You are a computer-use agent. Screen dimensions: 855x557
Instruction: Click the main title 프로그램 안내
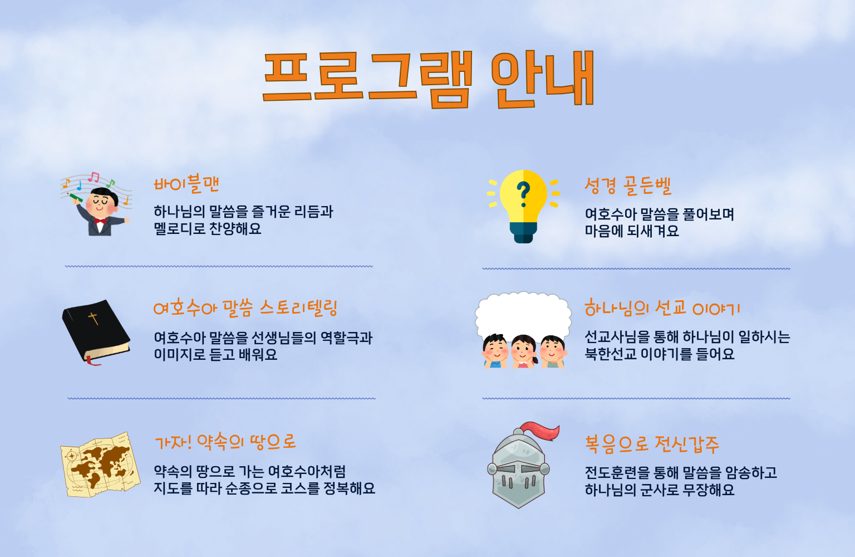(x=428, y=79)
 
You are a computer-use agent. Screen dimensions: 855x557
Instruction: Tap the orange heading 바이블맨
(x=186, y=184)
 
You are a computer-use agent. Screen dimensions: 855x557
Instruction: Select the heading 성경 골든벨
(x=628, y=185)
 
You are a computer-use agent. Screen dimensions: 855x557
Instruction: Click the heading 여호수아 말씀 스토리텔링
(x=245, y=308)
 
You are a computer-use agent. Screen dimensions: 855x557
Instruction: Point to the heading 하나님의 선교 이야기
(x=662, y=308)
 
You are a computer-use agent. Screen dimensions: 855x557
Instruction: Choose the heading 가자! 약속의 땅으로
(x=225, y=442)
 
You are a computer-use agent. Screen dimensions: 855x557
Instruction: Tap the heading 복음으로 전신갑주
(x=652, y=444)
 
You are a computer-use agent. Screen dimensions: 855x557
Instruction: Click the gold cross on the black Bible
(x=93, y=318)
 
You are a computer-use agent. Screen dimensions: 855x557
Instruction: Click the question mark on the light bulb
(x=523, y=194)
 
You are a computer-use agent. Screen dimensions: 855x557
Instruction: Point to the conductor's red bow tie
(x=100, y=221)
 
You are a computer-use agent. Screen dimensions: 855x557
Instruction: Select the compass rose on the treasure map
(x=72, y=456)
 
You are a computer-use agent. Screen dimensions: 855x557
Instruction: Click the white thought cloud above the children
(x=523, y=316)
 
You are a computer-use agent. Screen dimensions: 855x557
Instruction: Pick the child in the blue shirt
(x=495, y=351)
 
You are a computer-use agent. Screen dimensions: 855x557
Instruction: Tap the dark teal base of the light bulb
(x=523, y=232)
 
